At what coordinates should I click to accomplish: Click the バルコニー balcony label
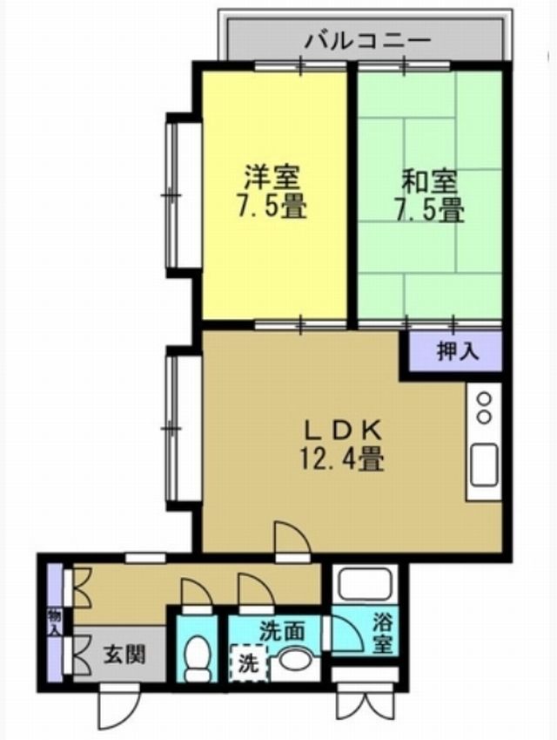click(367, 41)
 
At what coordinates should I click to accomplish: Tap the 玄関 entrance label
click(124, 655)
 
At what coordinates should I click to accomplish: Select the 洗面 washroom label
click(282, 631)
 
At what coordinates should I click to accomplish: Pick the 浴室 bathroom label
click(383, 634)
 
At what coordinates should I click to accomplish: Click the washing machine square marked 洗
click(248, 663)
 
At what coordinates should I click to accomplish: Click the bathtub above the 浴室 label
click(366, 585)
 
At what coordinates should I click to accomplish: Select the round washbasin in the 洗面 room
click(295, 660)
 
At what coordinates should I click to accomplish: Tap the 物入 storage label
click(55, 622)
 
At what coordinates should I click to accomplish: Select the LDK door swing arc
click(293, 536)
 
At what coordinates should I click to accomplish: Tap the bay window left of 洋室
click(178, 194)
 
